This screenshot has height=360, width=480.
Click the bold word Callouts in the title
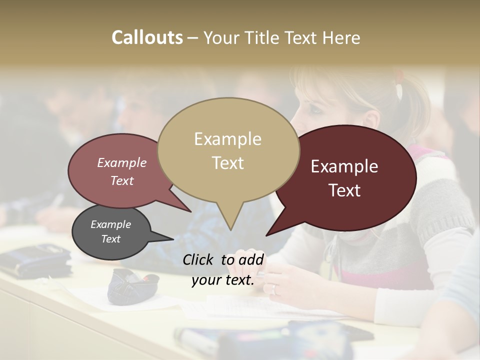click(147, 37)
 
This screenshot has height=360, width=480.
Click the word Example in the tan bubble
click(227, 139)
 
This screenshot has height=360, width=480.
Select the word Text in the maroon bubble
click(344, 190)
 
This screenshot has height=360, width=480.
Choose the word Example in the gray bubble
click(110, 224)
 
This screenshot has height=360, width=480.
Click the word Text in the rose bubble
click(122, 181)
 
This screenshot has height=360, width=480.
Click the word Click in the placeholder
click(199, 259)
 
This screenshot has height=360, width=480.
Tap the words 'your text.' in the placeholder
click(223, 280)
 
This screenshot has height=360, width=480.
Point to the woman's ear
click(370, 118)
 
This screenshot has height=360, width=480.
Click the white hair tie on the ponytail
click(399, 90)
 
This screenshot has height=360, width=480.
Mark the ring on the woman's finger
click(274, 288)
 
